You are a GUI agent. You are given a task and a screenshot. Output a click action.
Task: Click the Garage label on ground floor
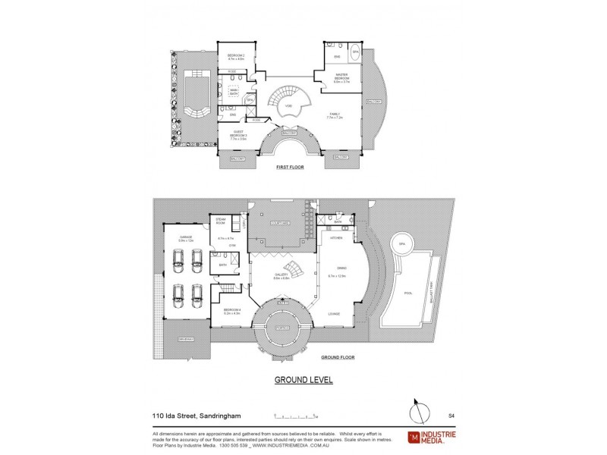click(186, 238)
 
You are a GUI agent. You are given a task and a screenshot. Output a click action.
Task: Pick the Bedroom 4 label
click(232, 310)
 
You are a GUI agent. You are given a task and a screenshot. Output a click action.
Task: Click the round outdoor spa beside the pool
click(403, 245)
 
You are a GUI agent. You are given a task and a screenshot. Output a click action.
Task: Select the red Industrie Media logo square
click(414, 436)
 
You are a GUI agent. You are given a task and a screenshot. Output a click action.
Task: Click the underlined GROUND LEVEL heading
click(303, 380)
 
